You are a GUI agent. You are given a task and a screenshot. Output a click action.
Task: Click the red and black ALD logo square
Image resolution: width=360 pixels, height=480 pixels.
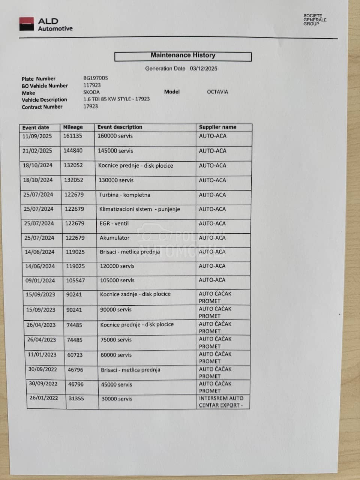pos(27,24)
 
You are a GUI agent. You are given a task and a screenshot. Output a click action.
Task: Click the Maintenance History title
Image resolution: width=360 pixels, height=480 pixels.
pos(183,55)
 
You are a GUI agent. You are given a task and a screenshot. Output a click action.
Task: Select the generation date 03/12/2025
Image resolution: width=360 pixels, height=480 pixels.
pos(203,68)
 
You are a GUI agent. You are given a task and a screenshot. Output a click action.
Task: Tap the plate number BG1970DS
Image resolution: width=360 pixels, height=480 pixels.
pos(95,78)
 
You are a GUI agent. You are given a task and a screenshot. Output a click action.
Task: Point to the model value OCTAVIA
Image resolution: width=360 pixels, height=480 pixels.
pos(217,92)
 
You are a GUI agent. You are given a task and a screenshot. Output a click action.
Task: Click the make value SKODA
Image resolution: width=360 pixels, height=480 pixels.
pos(91,92)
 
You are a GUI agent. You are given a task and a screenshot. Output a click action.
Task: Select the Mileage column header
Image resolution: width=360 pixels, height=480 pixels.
pos(73,127)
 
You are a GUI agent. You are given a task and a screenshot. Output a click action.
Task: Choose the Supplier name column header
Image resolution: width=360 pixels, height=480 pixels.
pos(217,127)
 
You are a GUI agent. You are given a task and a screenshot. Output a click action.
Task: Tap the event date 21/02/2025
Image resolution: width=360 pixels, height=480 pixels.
pos(37,151)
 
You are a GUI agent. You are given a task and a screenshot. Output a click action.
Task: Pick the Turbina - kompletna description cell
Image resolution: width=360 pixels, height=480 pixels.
pos(124,195)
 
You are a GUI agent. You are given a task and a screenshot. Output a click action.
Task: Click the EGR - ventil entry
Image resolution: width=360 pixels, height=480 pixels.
pos(114,223)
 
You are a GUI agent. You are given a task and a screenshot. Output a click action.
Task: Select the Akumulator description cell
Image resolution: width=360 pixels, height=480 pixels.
pos(114,238)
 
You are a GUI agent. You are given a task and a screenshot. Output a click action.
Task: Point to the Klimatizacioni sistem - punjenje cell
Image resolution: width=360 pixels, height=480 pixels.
pos(139,209)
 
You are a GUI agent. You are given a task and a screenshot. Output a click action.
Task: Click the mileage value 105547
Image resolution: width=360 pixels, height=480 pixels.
pos(75,280)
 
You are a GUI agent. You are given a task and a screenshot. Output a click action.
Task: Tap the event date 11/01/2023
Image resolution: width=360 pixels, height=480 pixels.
pos(42,354)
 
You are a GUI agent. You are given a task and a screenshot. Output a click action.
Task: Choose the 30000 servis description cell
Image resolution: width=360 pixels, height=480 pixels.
pos(117,399)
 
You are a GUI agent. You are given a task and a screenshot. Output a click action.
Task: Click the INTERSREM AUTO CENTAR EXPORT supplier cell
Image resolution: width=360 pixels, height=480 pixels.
pos(221,402)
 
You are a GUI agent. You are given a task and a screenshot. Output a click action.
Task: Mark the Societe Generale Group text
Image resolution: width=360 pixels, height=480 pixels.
pos(315,20)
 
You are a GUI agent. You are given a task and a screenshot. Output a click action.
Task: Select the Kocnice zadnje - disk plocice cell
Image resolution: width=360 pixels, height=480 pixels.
pos(135,294)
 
